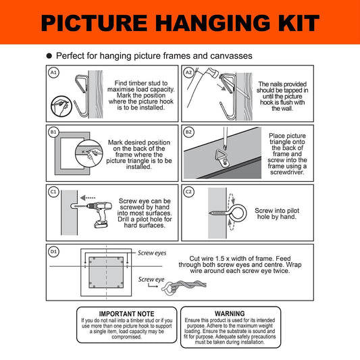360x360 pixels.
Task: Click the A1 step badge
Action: [x=53, y=72]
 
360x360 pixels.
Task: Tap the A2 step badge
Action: [x=188, y=72]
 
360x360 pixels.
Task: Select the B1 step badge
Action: [x=53, y=132]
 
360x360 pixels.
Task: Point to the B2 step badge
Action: [x=188, y=132]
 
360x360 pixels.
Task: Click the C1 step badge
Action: [x=53, y=192]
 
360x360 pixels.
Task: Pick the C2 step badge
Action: [x=188, y=192]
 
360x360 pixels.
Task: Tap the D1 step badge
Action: [x=53, y=251]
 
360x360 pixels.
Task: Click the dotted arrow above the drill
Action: [x=88, y=198]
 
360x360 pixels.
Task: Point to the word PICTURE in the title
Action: [x=94, y=22]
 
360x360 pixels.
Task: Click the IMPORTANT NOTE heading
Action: [x=126, y=313]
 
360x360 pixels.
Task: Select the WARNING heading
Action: [x=230, y=313]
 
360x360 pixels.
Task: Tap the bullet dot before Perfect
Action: [x=49, y=56]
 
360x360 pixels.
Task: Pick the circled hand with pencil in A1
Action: [x=61, y=106]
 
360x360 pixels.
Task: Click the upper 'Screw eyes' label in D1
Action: [x=152, y=253]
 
